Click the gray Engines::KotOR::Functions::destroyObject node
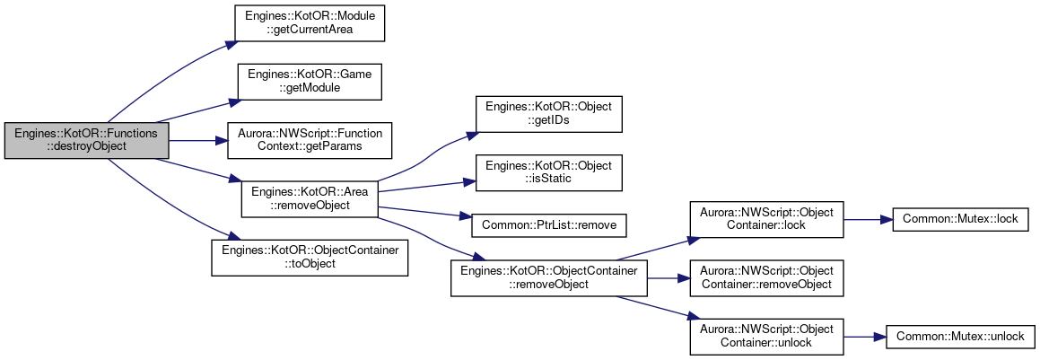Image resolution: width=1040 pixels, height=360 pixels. click(x=86, y=141)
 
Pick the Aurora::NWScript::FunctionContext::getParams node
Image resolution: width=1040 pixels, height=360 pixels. click(x=310, y=141)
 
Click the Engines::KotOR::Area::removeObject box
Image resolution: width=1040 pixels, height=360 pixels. click(x=309, y=199)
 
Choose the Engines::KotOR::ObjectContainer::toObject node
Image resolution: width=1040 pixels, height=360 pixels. click(x=310, y=258)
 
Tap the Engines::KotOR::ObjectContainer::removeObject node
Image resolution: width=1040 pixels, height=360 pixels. click(x=549, y=277)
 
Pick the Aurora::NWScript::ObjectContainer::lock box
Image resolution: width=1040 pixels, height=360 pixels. click(x=766, y=219)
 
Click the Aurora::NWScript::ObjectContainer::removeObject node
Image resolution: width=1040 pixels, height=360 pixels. click(x=766, y=277)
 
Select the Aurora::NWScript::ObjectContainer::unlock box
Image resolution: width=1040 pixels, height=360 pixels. click(x=766, y=336)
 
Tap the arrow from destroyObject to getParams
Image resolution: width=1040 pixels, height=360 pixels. click(x=197, y=141)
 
